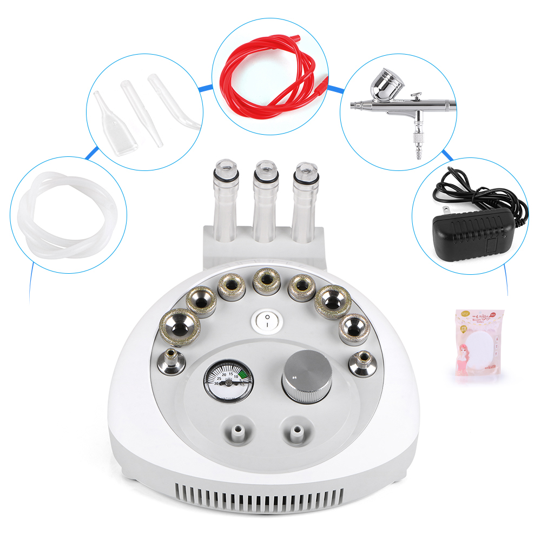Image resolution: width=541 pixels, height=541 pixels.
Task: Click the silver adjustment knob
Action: tap(306, 377)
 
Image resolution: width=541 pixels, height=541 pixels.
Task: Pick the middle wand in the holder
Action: tap(265, 200)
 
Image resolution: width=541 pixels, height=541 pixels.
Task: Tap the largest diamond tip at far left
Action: tap(180, 326)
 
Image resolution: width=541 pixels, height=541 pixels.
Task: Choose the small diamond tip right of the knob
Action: tap(361, 362)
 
